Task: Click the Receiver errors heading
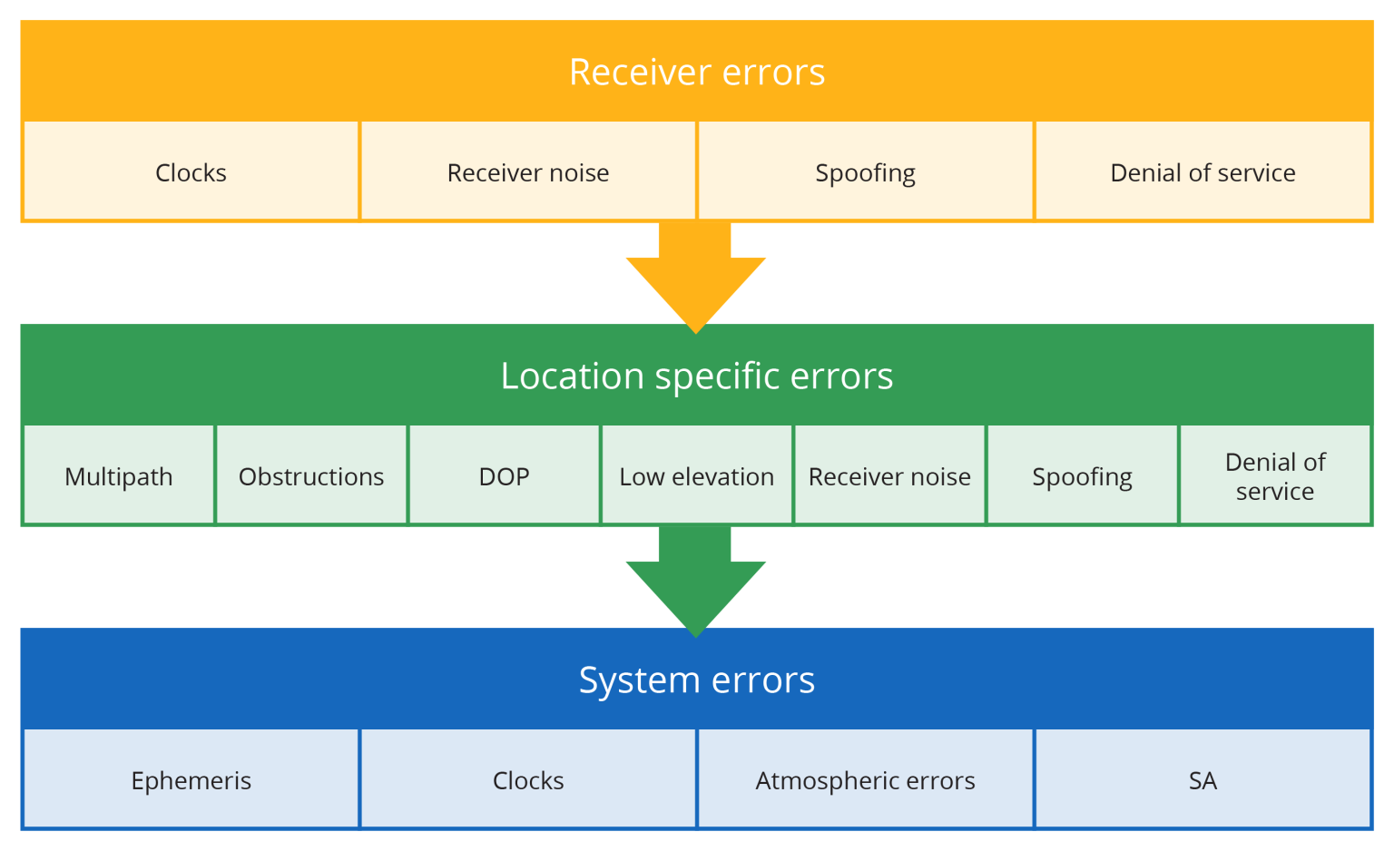697,72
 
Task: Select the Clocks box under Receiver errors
191,172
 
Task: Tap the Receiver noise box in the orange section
528,172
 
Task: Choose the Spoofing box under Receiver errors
865,172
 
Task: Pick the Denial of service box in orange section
1203,172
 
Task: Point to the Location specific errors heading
697,376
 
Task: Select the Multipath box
119,476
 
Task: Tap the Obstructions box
311,476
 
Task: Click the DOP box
504,476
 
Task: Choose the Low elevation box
697,476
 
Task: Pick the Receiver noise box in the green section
889,476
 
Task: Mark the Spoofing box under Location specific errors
1082,476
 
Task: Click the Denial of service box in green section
1275,476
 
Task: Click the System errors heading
697,680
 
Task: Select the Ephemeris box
191,780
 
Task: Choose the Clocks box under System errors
528,780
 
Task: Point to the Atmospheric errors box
865,780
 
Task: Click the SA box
1203,780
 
